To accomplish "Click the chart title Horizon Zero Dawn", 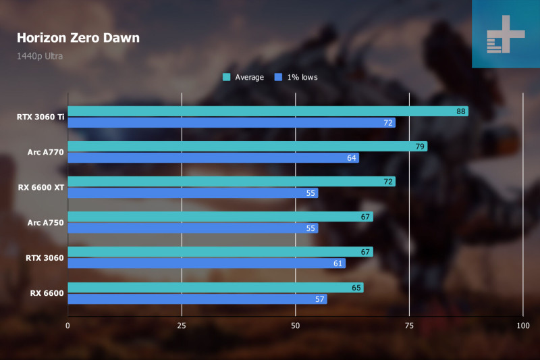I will [x=78, y=38].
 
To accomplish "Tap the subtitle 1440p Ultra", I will [x=40, y=56].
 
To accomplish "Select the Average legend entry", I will [x=244, y=77].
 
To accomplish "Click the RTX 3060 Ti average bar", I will [x=267, y=111].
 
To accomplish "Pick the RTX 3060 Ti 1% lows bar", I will [x=231, y=123].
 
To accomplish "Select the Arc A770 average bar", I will [x=247, y=147].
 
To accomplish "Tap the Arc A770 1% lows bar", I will [x=213, y=158].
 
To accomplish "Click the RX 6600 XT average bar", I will [x=231, y=182].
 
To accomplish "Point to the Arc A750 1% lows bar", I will [x=192, y=228].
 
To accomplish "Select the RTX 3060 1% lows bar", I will [x=206, y=263].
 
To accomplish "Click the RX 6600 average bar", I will [x=215, y=288].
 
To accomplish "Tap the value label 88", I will [x=462, y=111].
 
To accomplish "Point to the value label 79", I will [x=421, y=147].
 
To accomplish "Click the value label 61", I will [x=338, y=263].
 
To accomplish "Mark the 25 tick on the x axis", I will [x=182, y=326].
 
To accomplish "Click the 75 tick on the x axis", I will [x=409, y=326].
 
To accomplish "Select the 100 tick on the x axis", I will [x=522, y=326].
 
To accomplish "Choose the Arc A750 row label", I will [x=46, y=222].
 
